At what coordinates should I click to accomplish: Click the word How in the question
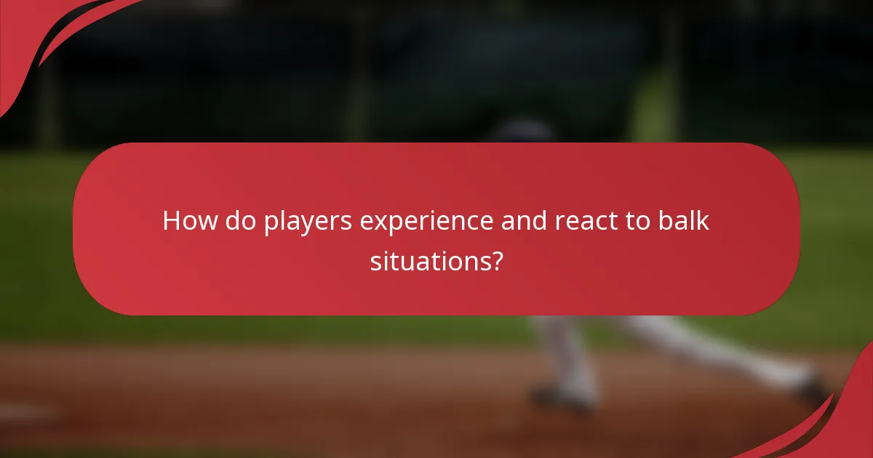point(189,221)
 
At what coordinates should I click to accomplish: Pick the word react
point(587,221)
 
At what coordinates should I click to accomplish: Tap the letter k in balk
point(703,221)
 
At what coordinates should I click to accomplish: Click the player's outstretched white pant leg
point(698,345)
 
